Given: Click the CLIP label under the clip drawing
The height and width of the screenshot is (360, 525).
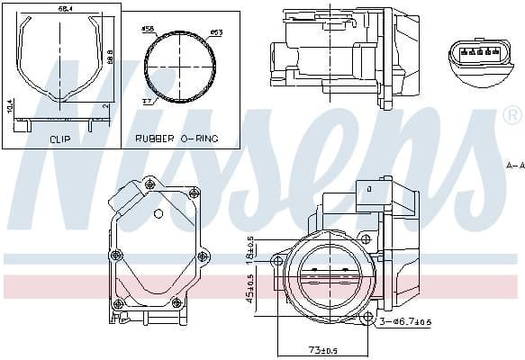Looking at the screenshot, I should pos(60,139).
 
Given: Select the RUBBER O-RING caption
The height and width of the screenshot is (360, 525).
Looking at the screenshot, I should pos(177,139).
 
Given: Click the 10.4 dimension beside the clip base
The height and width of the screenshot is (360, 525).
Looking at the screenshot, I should pos(9,108).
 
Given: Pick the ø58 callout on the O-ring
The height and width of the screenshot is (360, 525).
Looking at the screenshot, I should pos(149,30).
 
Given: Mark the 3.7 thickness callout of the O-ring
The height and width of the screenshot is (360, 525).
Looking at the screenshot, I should pos(146,102).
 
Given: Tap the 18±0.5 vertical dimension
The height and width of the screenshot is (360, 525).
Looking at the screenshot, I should pos(251,250).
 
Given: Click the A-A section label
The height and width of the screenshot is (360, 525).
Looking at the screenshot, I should pos(514,165).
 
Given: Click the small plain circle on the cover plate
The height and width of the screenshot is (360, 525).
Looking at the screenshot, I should pos(158,213).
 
